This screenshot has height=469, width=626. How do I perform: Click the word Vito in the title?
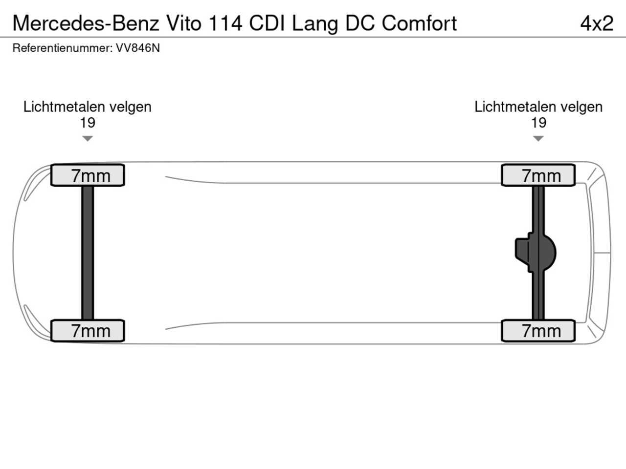[184, 23]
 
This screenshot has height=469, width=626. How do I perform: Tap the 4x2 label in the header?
[597, 23]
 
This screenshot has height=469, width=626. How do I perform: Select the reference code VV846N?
[137, 48]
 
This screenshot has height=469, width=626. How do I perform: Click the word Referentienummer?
[63, 48]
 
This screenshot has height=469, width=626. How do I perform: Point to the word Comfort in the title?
[419, 23]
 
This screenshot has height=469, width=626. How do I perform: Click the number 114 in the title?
[225, 23]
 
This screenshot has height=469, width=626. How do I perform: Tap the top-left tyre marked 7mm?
[88, 175]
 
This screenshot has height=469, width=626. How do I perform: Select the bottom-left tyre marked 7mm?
[88, 331]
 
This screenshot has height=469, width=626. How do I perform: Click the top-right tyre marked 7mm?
[538, 175]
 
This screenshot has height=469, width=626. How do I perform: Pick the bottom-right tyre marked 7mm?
[538, 331]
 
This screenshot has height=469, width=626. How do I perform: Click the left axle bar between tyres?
[88, 253]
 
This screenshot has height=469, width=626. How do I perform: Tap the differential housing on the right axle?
[536, 253]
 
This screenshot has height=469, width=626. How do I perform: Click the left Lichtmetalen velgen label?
[87, 107]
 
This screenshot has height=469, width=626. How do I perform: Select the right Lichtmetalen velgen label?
[538, 107]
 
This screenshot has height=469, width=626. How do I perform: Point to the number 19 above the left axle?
[88, 123]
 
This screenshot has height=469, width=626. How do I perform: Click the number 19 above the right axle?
[538, 123]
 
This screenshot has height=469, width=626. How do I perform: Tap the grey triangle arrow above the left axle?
[88, 138]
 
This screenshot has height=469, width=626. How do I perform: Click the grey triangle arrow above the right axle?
[538, 138]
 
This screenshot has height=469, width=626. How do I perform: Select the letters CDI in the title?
[267, 23]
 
